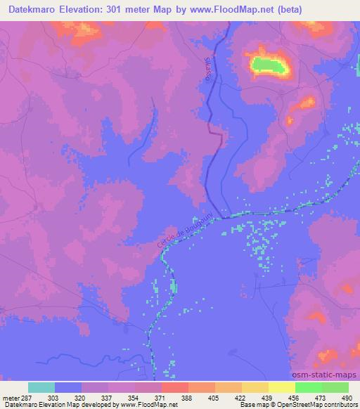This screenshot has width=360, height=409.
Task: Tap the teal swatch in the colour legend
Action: (41, 387)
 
